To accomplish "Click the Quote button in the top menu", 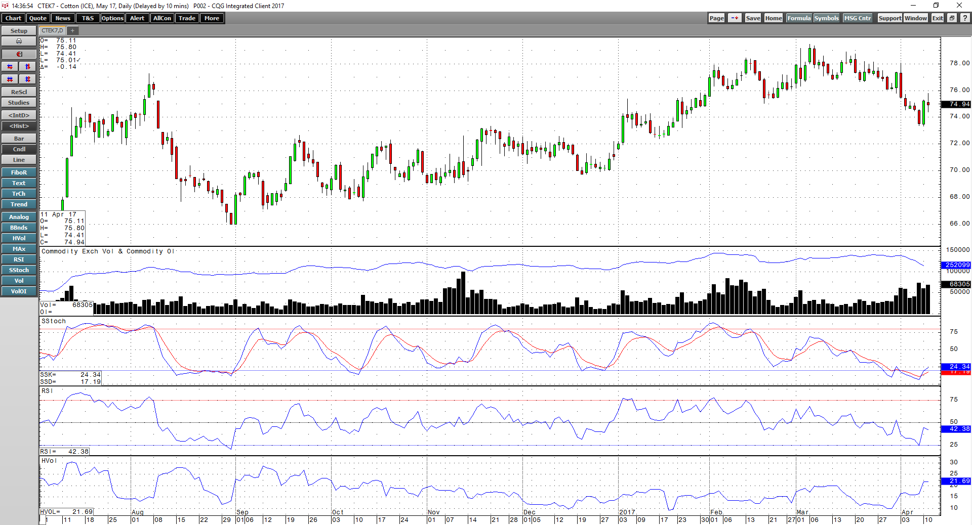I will (38, 18).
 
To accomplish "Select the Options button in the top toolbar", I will (112, 18).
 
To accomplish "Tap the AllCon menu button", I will (162, 18).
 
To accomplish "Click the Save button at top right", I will (753, 18).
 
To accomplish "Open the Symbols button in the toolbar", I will (826, 18).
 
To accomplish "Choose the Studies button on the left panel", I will (19, 103).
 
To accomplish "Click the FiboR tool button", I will (19, 172).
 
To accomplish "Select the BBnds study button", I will (19, 228).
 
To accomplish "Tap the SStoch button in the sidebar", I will (19, 270).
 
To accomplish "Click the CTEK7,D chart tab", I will (52, 31).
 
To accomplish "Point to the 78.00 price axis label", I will (959, 63).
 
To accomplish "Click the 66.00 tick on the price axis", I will (959, 224).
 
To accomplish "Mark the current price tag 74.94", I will (956, 104).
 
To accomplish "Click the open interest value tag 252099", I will (956, 265).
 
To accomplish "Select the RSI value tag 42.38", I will (956, 429).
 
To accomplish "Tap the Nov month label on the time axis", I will (434, 512).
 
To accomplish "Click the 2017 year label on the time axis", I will (627, 512).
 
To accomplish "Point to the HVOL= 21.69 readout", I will (66, 512).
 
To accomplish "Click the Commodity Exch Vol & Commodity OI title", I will (108, 251).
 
